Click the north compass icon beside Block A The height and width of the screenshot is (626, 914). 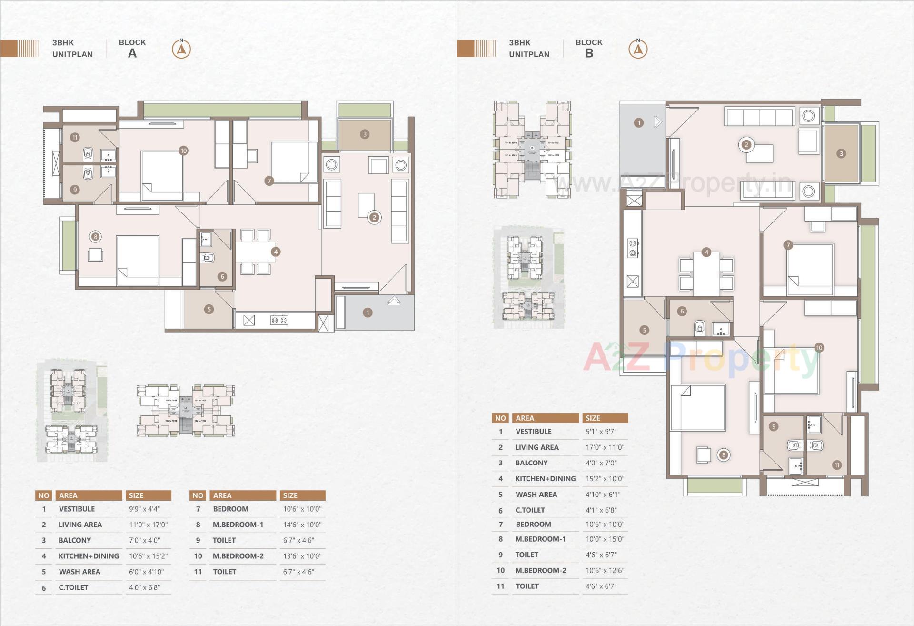pyautogui.click(x=181, y=49)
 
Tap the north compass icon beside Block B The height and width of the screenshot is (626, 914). pyautogui.click(x=638, y=49)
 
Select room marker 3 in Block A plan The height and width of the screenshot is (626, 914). pyautogui.click(x=365, y=134)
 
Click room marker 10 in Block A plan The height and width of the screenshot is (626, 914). pyautogui.click(x=184, y=151)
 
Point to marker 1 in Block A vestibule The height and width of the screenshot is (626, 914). pyautogui.click(x=367, y=313)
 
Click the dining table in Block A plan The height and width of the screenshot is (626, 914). pyautogui.click(x=255, y=252)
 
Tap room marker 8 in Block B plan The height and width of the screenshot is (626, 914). pyautogui.click(x=724, y=455)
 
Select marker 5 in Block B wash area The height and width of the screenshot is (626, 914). pyautogui.click(x=644, y=330)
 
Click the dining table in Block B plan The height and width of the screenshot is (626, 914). pyautogui.click(x=706, y=274)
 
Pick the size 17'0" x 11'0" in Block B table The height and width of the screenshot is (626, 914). pyautogui.click(x=605, y=447)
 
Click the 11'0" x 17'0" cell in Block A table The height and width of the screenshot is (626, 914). pyautogui.click(x=148, y=525)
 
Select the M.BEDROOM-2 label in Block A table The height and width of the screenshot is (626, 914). pyautogui.click(x=238, y=556)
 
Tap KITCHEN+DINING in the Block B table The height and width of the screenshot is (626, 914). pyautogui.click(x=545, y=478)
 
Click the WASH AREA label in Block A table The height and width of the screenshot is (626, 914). pyautogui.click(x=79, y=572)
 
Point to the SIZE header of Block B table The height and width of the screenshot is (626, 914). pyautogui.click(x=593, y=418)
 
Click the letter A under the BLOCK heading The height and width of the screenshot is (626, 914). pyautogui.click(x=132, y=53)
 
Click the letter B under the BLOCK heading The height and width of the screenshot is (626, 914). pyautogui.click(x=589, y=53)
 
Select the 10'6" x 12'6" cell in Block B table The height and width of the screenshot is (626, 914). pyautogui.click(x=605, y=570)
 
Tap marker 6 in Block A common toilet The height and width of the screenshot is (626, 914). pyautogui.click(x=222, y=276)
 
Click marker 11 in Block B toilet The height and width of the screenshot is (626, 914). pyautogui.click(x=837, y=465)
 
